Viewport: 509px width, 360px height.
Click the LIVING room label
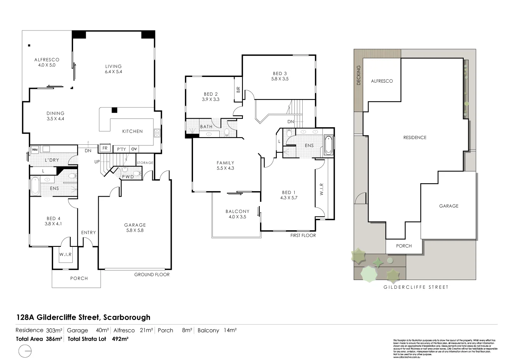point(113,66)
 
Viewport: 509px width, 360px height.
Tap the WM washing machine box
point(34,149)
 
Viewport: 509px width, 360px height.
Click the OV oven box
point(134,149)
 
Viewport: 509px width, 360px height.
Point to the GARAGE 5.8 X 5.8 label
point(135,227)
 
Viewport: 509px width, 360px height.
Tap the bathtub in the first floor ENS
point(328,145)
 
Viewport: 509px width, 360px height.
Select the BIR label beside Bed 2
point(238,90)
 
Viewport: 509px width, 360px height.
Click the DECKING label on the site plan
point(358,75)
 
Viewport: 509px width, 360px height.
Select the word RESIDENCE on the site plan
point(415,138)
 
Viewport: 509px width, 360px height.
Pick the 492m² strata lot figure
point(120,339)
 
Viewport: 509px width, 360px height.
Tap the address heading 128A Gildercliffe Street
point(83,317)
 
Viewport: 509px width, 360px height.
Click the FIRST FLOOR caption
point(303,235)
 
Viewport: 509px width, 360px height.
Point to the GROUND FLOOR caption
point(152,274)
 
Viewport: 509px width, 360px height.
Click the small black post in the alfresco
point(29,45)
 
